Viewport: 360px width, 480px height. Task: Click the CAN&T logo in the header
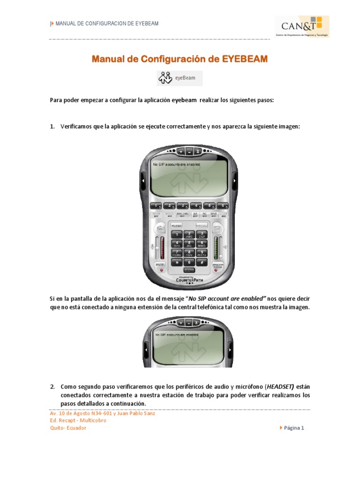coord(301,26)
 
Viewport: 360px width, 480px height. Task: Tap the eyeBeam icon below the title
coord(180,78)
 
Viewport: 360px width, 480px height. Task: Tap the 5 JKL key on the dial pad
coord(189,244)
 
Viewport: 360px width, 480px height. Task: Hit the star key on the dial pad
coord(177,262)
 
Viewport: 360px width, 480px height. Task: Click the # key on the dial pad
coord(202,262)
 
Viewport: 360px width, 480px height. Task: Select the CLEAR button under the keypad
coord(189,270)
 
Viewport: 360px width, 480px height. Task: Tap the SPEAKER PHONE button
coord(218,265)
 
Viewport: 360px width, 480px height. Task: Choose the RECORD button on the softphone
coord(183,214)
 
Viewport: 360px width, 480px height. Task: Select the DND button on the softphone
coord(214,214)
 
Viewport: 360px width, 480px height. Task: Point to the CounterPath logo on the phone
coord(189,280)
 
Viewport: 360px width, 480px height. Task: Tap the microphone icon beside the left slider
coord(152,246)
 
